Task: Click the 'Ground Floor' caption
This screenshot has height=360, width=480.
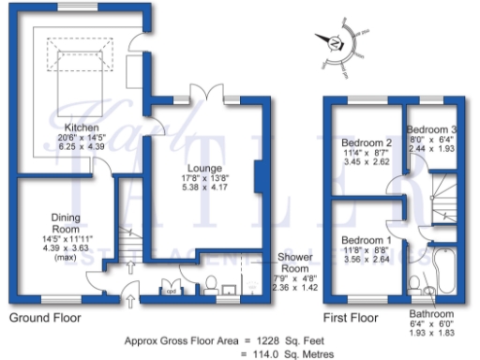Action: click(44, 317)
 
